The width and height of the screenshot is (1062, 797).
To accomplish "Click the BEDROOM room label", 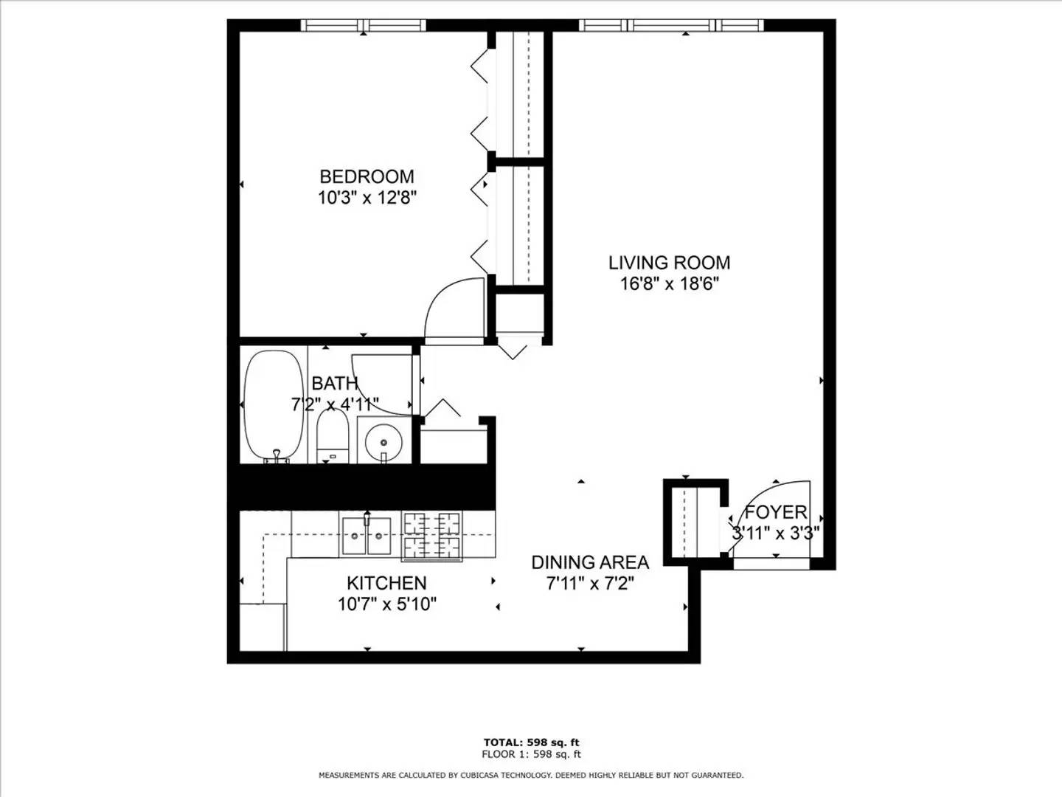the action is tap(367, 176).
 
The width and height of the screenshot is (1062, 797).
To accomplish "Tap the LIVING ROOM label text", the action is tap(669, 263).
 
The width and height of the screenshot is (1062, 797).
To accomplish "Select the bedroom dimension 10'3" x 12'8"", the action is tap(367, 198).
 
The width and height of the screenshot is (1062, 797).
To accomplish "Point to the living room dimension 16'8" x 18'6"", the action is tap(669, 284).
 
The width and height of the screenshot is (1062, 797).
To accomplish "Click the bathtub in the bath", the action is tap(274, 407).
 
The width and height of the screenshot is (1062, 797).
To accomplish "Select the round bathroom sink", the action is tap(383, 441).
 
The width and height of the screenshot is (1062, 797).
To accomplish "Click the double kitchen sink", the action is tap(367, 536).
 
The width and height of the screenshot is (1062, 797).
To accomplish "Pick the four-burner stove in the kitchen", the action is tap(431, 536).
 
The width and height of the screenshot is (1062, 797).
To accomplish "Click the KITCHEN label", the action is tap(387, 583).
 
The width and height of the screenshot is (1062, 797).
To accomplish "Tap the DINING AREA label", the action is tap(590, 562).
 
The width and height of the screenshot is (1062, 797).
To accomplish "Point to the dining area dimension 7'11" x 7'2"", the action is tap(590, 584).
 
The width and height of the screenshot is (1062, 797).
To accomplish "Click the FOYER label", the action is tap(776, 512).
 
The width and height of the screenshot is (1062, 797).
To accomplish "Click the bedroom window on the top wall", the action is tap(364, 25).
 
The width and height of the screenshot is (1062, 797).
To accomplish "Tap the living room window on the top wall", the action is tap(671, 25).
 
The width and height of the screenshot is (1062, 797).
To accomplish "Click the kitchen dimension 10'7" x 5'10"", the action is tap(387, 604).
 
